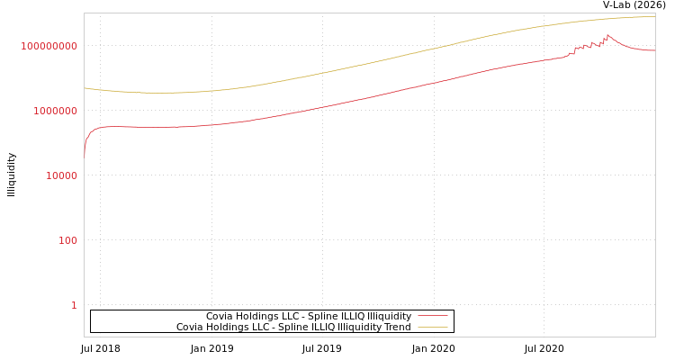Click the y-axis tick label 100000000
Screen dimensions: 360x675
(49, 46)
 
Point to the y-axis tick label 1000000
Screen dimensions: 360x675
(55, 111)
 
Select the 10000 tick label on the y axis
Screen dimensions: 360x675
(61, 175)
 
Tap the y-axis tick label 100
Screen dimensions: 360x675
(68, 240)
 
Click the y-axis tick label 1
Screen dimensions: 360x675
(74, 305)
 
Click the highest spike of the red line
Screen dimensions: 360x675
(607, 35)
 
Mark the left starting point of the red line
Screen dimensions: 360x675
(85, 155)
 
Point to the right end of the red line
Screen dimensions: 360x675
(654, 50)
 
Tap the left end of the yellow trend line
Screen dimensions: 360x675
(85, 88)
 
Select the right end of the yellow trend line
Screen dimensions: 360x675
(654, 16)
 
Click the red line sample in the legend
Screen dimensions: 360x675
(432, 317)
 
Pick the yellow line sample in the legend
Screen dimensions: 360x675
(432, 328)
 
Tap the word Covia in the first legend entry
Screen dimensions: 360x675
(220, 317)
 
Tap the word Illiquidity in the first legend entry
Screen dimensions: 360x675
(386, 317)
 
